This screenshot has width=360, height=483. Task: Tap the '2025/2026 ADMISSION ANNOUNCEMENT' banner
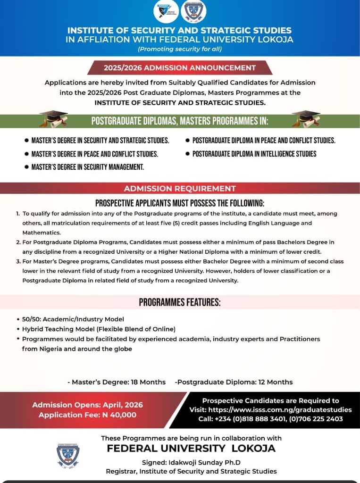[x=180, y=67]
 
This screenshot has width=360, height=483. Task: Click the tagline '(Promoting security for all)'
[x=180, y=49]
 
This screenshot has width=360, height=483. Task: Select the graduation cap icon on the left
[x=53, y=118]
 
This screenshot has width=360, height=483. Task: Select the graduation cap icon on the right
[x=306, y=118]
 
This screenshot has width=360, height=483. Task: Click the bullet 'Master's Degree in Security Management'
[x=88, y=167]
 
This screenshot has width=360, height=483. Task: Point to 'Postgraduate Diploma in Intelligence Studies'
[x=254, y=154]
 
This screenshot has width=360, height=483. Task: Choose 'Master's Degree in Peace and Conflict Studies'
[x=94, y=154]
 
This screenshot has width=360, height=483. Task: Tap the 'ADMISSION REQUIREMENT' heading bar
[x=180, y=189]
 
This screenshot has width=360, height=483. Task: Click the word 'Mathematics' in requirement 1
[x=40, y=233]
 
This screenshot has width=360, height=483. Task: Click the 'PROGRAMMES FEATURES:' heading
[x=180, y=302]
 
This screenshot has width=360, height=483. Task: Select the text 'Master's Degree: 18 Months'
[x=118, y=382]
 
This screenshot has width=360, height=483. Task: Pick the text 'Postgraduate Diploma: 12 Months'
[x=234, y=382]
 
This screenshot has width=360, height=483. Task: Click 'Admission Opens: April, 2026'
[x=87, y=405]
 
